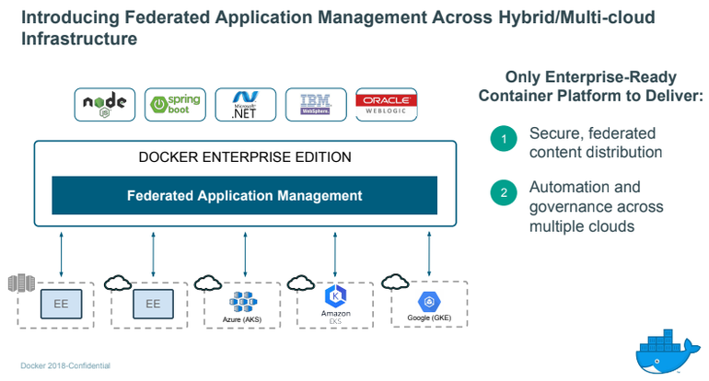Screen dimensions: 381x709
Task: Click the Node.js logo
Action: pyautogui.click(x=105, y=105)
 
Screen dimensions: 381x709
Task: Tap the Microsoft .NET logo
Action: pyautogui.click(x=245, y=105)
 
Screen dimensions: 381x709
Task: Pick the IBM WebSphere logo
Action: pyautogui.click(x=316, y=105)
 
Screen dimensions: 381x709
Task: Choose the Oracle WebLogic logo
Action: pyautogui.click(x=386, y=105)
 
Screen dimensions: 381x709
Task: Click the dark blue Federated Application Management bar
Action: pyautogui.click(x=244, y=195)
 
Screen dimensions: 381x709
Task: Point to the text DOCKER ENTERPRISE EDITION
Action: pyautogui.click(x=244, y=156)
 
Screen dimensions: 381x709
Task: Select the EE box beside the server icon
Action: pyautogui.click(x=60, y=303)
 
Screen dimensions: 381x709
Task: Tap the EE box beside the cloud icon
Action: pyautogui.click(x=152, y=303)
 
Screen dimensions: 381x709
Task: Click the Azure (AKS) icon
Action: pyautogui.click(x=244, y=300)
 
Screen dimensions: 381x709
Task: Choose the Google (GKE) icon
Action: pyautogui.click(x=429, y=301)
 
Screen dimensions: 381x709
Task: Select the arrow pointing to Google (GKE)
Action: pyautogui.click(x=429, y=252)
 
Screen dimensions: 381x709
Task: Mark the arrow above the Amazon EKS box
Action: pyautogui.click(x=336, y=252)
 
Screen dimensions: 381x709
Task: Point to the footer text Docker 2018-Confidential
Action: pyautogui.click(x=65, y=365)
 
